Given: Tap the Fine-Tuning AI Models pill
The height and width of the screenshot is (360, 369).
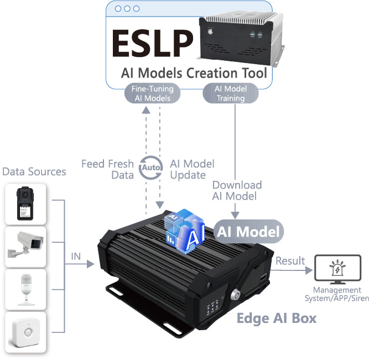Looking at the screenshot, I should pos(153,93).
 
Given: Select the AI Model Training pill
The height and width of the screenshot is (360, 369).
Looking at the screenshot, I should pos(230,93).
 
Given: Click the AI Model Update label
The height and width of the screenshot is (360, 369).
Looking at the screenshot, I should pos(192,169).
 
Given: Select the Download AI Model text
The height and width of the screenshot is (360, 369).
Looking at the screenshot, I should pos(237,190).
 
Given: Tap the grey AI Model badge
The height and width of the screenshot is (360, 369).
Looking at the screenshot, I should pos(248,231).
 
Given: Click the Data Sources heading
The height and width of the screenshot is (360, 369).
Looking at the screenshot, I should pos(34,171).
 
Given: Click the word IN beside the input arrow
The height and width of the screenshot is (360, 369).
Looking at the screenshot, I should pos(76,257).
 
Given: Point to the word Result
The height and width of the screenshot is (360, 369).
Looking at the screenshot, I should pos(290,260).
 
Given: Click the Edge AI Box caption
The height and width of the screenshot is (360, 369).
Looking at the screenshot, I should pos(277,318).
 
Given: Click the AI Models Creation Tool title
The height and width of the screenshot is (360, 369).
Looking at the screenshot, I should pos(194,74).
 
